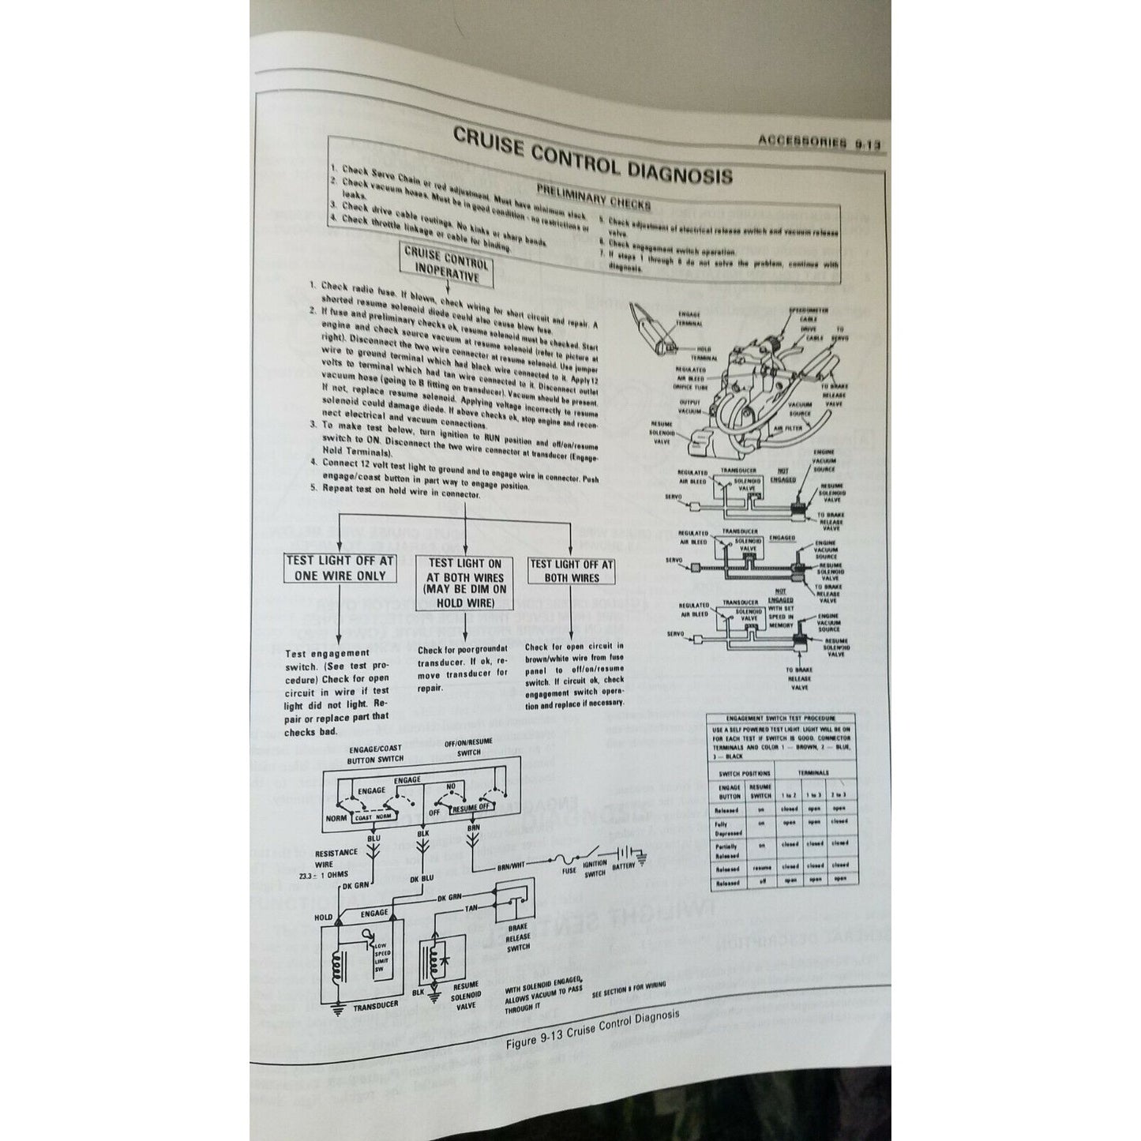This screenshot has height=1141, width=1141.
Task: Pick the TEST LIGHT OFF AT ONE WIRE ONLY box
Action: point(339,569)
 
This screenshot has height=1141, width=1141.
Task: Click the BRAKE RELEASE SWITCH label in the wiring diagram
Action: point(518,938)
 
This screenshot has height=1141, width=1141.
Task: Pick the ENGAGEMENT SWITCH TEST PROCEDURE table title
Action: point(782,719)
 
